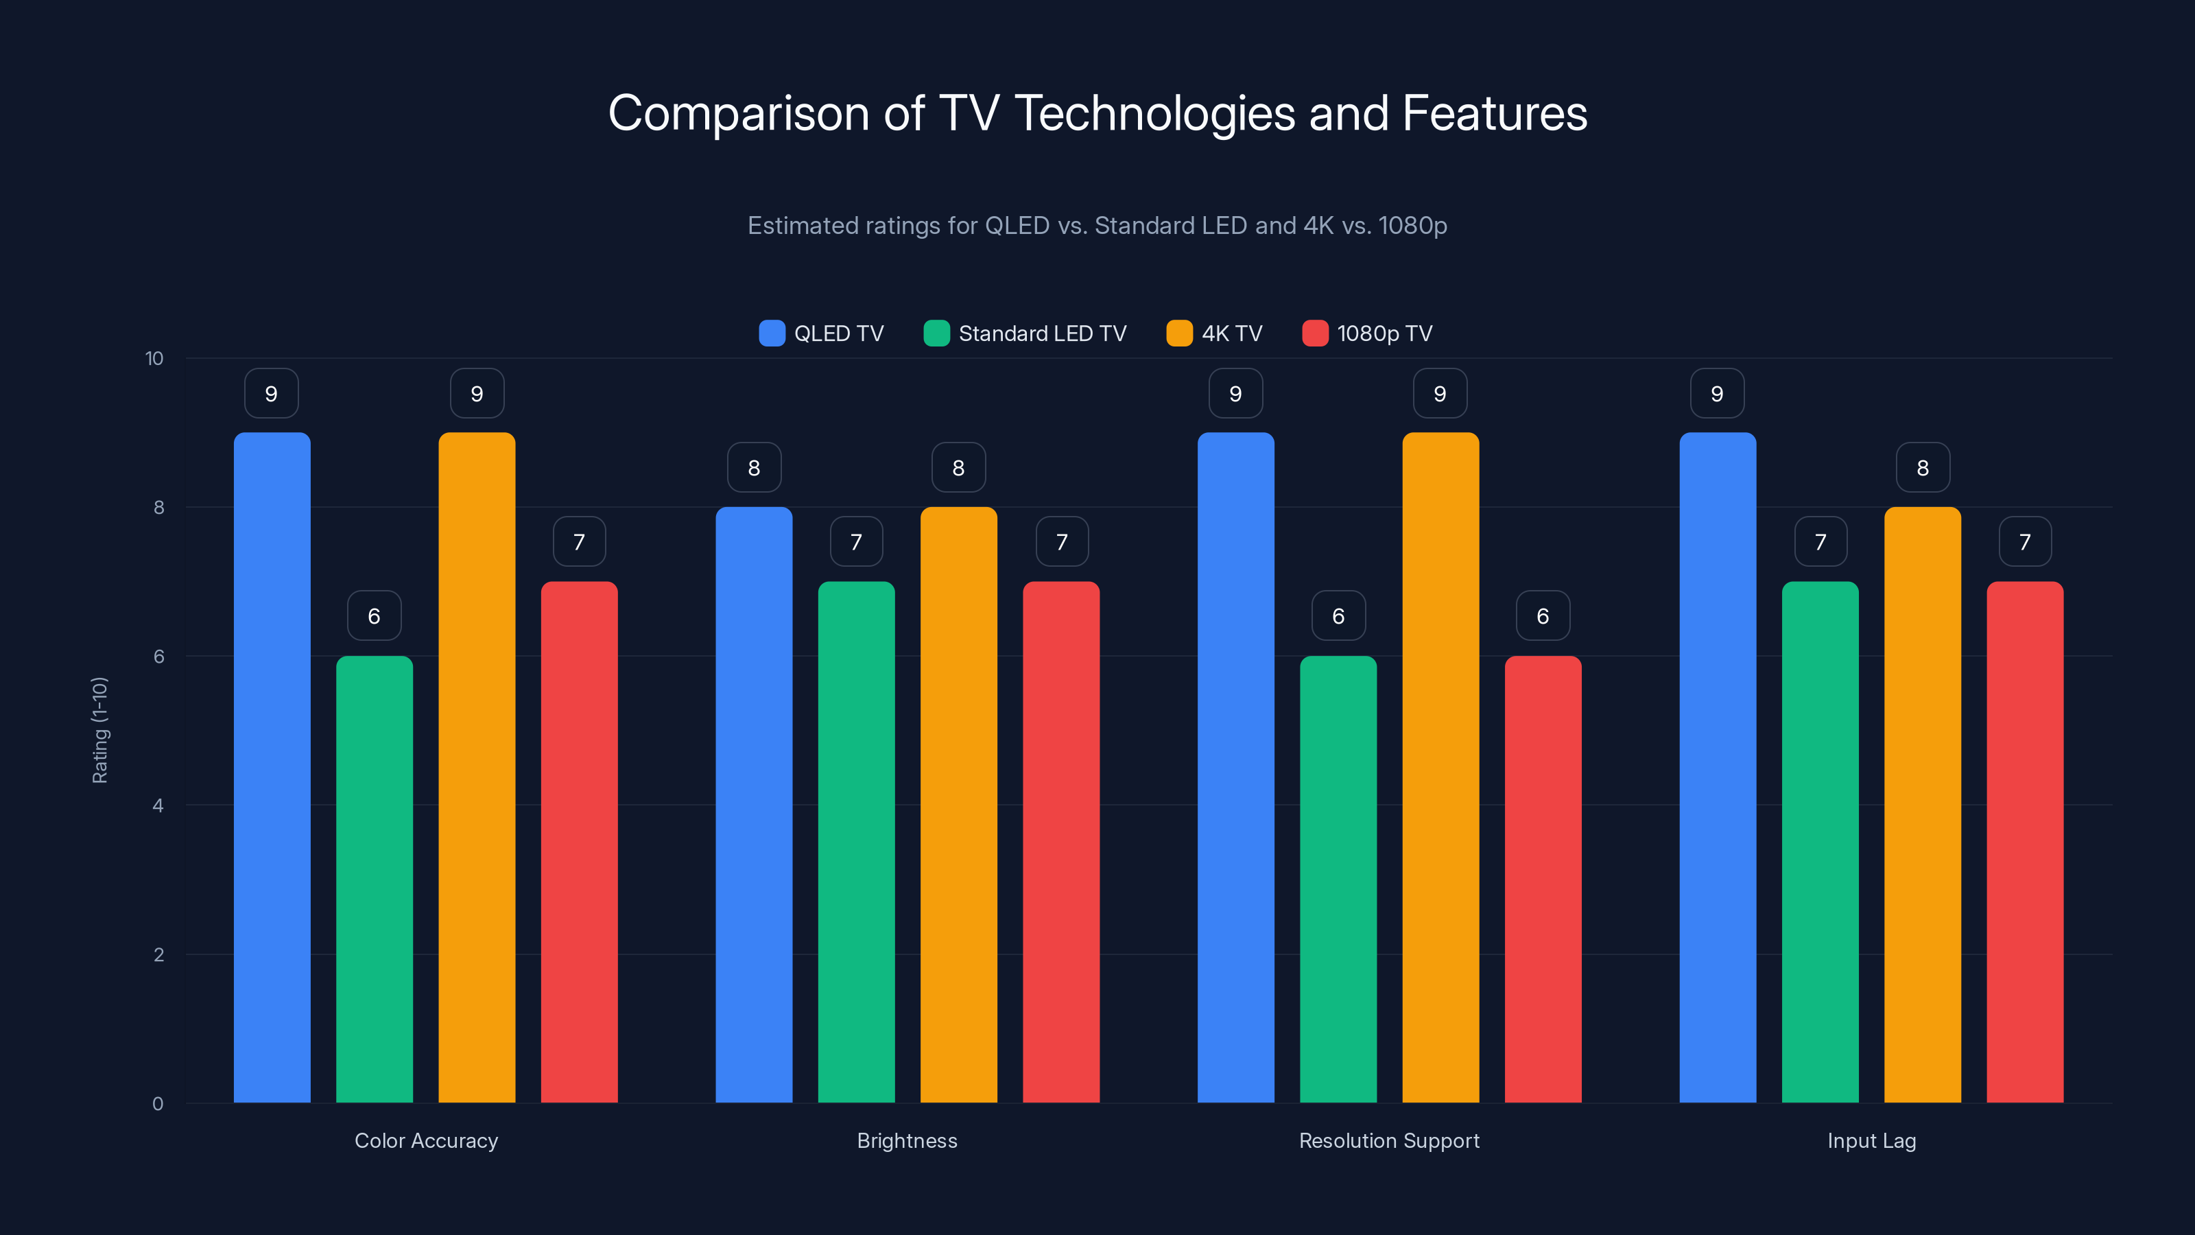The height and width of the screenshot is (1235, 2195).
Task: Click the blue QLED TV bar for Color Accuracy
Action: click(x=272, y=767)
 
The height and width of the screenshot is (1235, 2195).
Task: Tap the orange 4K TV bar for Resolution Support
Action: click(x=1440, y=767)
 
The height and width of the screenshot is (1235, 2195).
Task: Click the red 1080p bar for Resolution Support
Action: click(x=1542, y=879)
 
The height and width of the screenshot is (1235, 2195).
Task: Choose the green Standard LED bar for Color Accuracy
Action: click(x=374, y=879)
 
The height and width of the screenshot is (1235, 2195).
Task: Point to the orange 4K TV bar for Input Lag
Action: click(x=1922, y=805)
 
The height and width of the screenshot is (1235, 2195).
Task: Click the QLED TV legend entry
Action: click(x=822, y=333)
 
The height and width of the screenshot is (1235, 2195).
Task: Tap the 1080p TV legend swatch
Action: click(x=1315, y=333)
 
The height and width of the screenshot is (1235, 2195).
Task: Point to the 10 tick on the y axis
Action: click(x=154, y=359)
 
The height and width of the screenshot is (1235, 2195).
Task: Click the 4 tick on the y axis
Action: click(x=158, y=805)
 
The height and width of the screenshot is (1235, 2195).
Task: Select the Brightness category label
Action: click(x=907, y=1140)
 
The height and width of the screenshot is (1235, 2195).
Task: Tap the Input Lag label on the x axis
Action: click(x=1871, y=1140)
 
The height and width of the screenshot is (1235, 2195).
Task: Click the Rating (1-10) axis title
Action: click(x=99, y=731)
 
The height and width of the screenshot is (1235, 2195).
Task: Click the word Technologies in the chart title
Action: click(x=1154, y=113)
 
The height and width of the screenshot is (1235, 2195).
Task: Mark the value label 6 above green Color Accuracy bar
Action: click(x=374, y=615)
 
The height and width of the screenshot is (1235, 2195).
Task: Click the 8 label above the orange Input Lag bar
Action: click(x=1922, y=467)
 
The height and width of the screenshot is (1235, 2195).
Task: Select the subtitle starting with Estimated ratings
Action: click(x=1097, y=226)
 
